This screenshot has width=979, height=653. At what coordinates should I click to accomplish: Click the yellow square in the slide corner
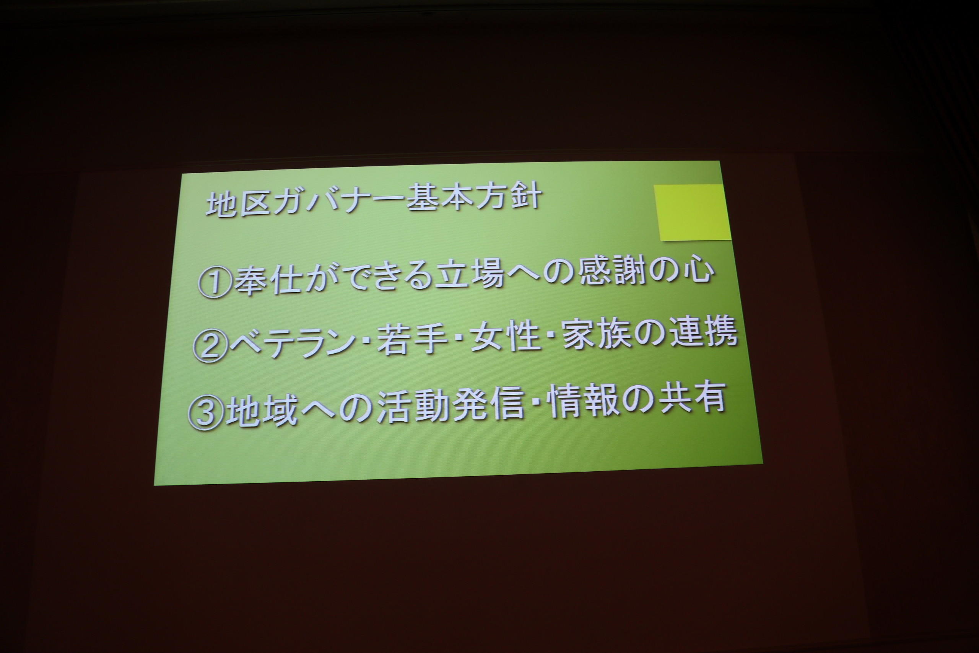point(692,212)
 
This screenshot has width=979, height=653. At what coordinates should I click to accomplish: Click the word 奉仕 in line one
point(268,282)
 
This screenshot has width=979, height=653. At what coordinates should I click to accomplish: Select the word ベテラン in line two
point(290,344)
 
